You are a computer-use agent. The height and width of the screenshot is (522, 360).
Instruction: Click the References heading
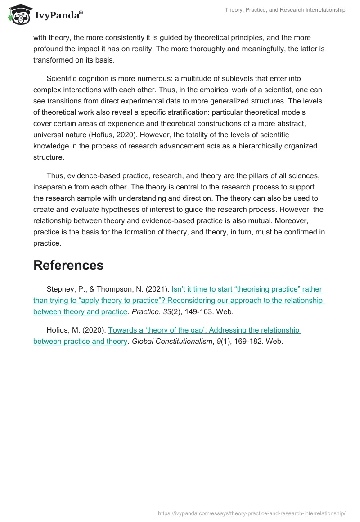pyautogui.click(x=68, y=265)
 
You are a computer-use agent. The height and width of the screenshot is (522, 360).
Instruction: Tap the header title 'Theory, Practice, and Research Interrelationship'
pyautogui.click(x=285, y=10)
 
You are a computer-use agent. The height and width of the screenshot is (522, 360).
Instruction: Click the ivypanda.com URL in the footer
pyautogui.click(x=252, y=513)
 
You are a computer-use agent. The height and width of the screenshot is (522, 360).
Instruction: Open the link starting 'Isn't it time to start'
pyautogui.click(x=247, y=289)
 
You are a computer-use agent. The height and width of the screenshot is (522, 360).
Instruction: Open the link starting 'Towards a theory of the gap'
pyautogui.click(x=204, y=330)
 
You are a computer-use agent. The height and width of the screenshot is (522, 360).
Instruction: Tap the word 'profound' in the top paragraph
pyautogui.click(x=48, y=49)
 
